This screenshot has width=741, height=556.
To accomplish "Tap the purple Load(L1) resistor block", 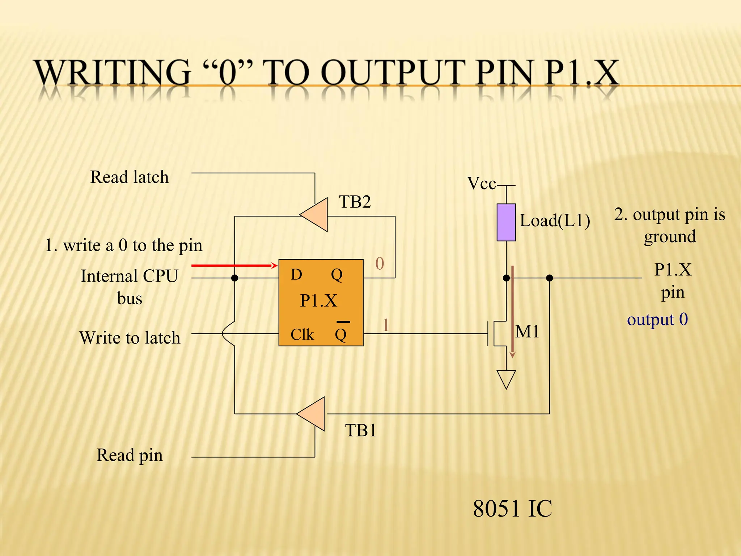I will [x=506, y=222].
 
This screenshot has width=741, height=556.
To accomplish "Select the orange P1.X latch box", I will [x=321, y=302].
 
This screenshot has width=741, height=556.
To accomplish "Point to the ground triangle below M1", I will [x=506, y=379].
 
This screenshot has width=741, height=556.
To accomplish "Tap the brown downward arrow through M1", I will [x=512, y=311].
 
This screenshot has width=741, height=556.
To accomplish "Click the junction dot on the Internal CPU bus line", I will [x=234, y=278].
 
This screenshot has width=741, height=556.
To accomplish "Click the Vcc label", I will [x=481, y=184].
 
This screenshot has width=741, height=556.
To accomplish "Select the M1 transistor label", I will [x=527, y=332].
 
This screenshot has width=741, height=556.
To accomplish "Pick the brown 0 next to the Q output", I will [x=380, y=264].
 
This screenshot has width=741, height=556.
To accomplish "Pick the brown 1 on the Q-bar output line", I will [x=386, y=325].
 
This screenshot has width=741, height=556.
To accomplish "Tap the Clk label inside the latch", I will [x=302, y=334].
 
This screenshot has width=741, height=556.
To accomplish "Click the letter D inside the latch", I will [x=296, y=275].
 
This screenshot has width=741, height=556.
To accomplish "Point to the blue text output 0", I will [x=657, y=320].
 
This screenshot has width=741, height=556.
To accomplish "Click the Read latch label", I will [x=130, y=177].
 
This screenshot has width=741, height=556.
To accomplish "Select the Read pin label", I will [x=130, y=455].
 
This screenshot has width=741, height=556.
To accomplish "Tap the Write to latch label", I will [x=130, y=338].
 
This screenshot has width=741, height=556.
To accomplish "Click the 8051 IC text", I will [x=512, y=509].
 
